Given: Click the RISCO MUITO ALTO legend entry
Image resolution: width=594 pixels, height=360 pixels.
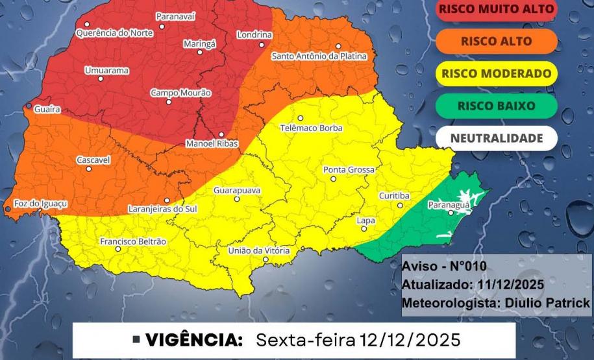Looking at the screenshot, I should pyautogui.click(x=497, y=9).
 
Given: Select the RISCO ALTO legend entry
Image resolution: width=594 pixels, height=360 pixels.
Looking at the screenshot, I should pyautogui.click(x=497, y=41).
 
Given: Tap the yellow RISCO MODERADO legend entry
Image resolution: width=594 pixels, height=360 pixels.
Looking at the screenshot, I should pyautogui.click(x=497, y=73).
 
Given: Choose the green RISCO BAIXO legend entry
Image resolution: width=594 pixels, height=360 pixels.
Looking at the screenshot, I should pyautogui.click(x=497, y=106).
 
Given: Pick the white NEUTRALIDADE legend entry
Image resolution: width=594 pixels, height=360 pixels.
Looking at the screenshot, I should pyautogui.click(x=497, y=138).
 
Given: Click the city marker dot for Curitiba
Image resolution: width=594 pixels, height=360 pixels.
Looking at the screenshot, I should pyautogui.click(x=400, y=206).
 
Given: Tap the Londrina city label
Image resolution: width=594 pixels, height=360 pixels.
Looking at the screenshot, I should pyautogui.click(x=254, y=34).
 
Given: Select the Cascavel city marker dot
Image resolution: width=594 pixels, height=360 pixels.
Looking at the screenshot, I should pyautogui.click(x=88, y=169).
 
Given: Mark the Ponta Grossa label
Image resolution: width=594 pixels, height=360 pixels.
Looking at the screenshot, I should pyautogui.click(x=349, y=170).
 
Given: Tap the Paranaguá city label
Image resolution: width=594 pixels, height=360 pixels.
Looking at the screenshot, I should pyautogui.click(x=448, y=205).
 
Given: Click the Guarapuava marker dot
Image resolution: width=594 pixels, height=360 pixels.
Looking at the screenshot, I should pyautogui.click(x=237, y=200).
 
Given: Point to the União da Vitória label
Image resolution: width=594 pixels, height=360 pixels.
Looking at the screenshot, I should pyautogui.click(x=259, y=250).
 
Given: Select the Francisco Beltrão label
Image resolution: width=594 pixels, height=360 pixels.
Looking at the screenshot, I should pyautogui.click(x=133, y=241).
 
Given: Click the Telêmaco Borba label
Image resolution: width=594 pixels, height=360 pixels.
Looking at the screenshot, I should pyautogui.click(x=311, y=128).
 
